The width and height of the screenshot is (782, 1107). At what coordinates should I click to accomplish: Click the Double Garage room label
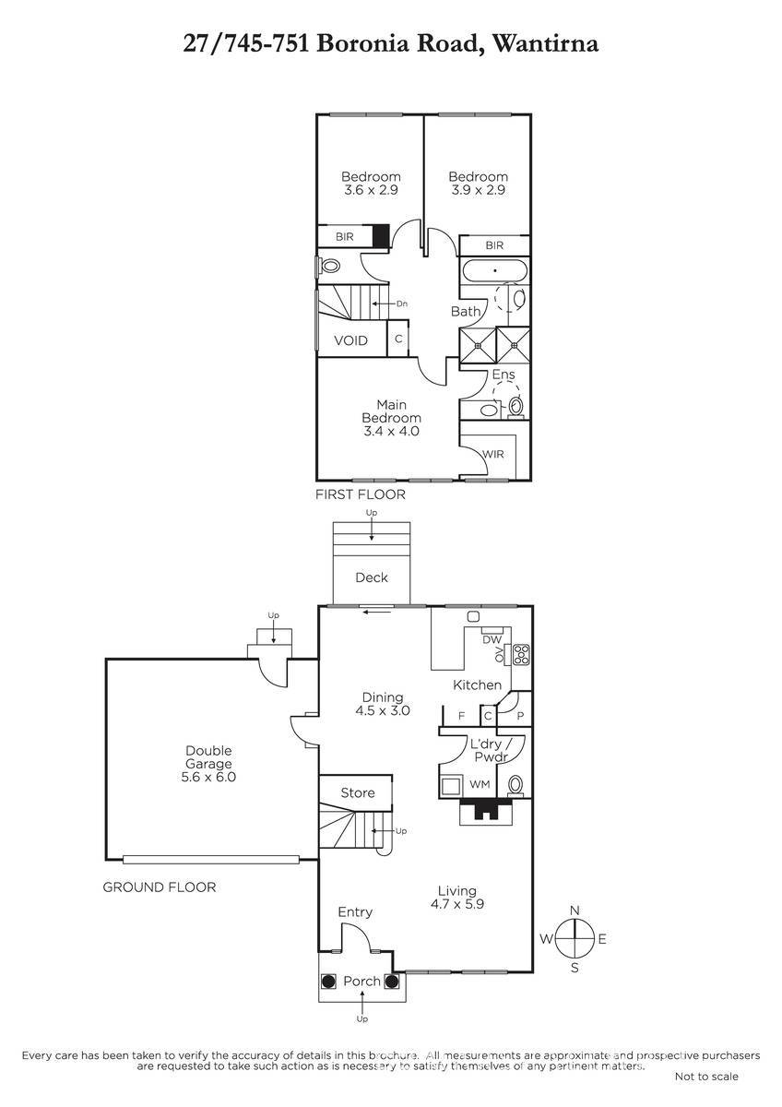point(208,763)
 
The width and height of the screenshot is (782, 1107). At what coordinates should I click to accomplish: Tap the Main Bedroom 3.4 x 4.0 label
point(391,418)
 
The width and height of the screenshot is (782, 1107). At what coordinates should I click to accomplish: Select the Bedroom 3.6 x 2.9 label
point(371,184)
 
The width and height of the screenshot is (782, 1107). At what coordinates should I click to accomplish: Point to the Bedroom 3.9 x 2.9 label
point(479,184)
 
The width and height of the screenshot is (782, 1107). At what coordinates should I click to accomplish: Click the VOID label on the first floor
point(350,340)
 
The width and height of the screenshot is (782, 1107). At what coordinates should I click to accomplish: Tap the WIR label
point(493,454)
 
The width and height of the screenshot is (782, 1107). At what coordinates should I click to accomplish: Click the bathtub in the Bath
point(495,270)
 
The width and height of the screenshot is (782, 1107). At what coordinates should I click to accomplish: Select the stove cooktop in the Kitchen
point(521,654)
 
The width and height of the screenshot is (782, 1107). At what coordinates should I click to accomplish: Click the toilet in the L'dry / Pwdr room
point(515,785)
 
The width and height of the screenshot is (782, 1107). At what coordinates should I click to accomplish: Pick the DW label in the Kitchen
point(492,640)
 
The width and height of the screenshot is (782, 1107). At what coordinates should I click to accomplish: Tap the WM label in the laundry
point(480,784)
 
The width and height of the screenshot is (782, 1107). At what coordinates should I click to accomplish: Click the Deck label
point(372,577)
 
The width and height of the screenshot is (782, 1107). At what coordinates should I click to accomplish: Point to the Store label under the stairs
point(358,792)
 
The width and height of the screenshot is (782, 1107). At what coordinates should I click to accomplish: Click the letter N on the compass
point(575,911)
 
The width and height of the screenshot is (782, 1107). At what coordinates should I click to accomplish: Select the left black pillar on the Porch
point(328,981)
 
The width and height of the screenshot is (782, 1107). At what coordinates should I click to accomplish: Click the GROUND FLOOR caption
point(159,887)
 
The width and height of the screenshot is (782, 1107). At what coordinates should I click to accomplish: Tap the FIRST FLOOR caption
point(361,494)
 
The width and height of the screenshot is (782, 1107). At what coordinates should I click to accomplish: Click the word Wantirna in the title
point(546,43)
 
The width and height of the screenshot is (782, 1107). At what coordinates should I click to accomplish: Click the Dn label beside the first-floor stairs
point(402,304)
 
